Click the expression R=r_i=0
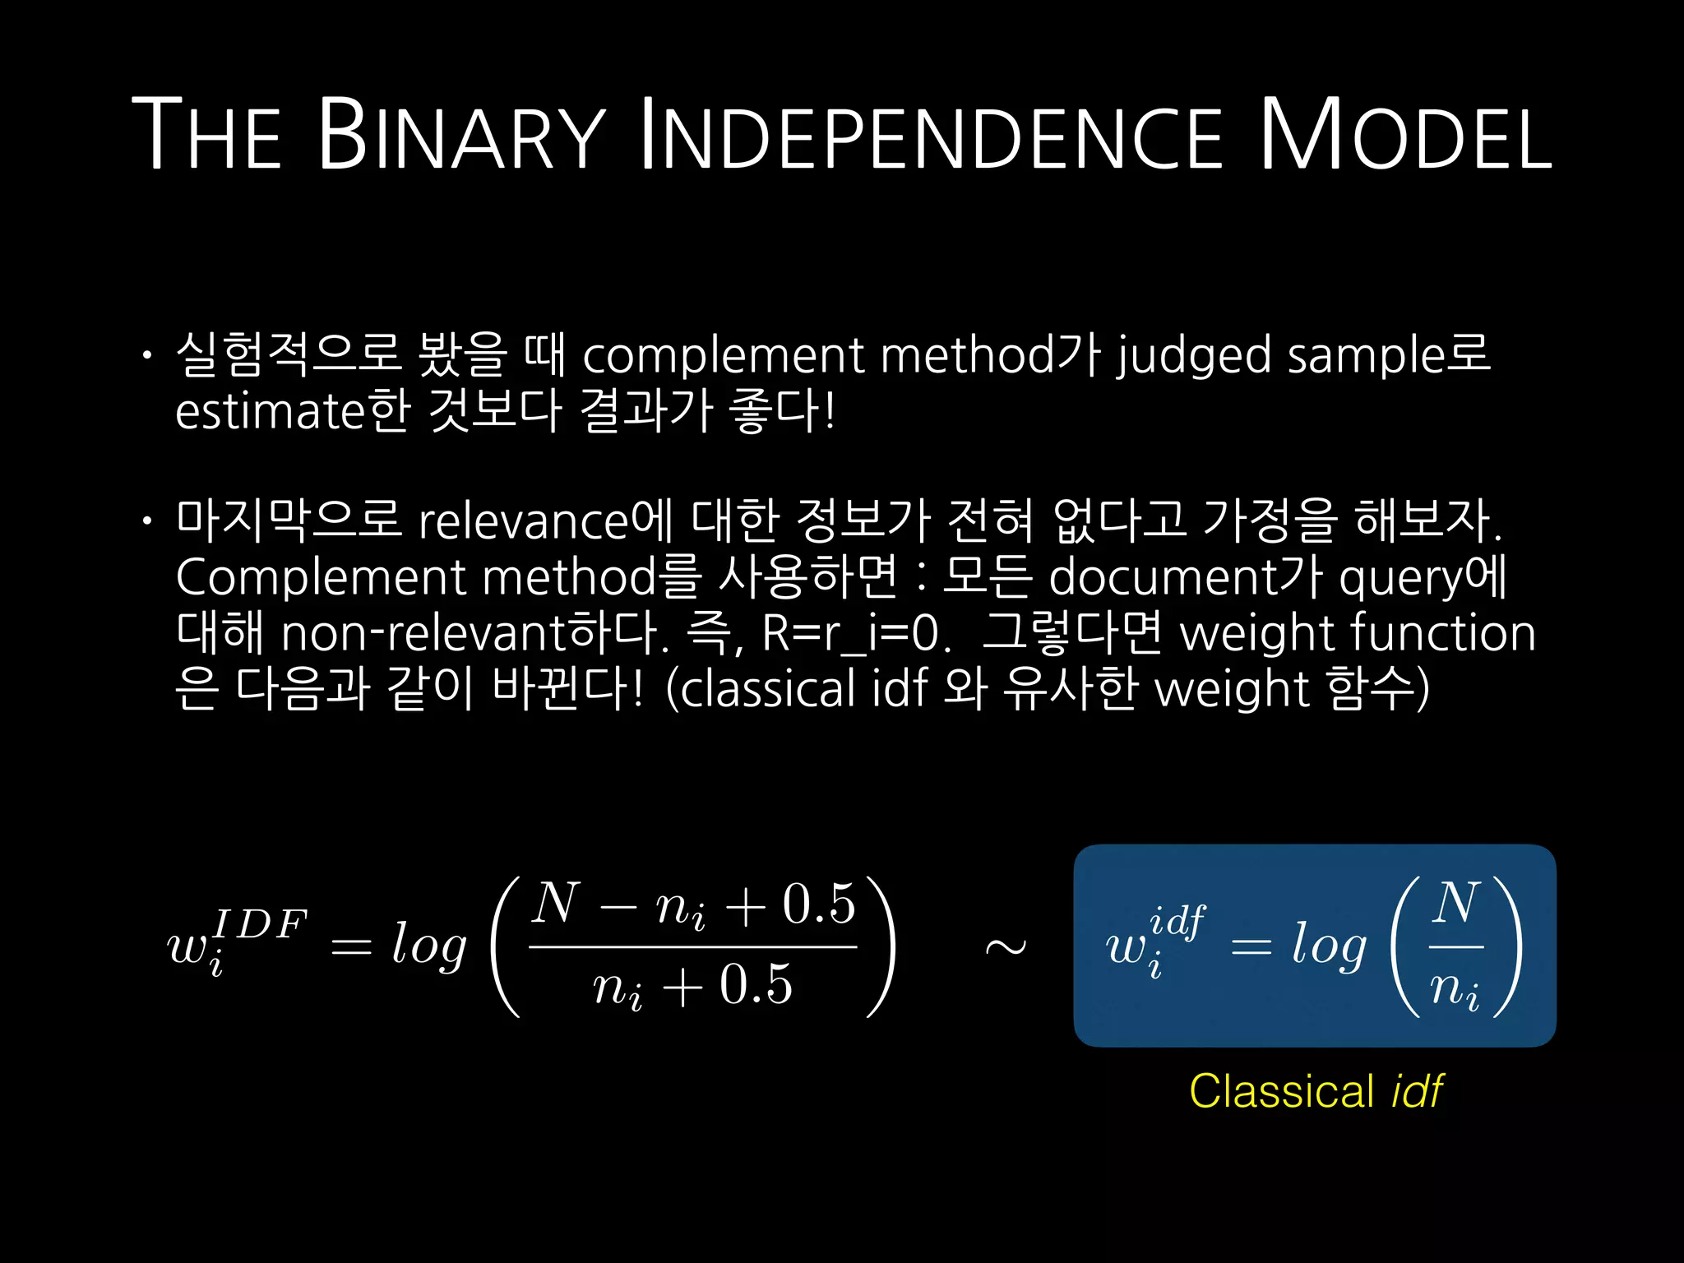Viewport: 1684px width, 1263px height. click(851, 633)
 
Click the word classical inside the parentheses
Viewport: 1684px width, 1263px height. click(769, 689)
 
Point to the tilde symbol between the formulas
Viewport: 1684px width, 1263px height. click(1005, 948)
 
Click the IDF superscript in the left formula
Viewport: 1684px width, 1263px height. click(260, 924)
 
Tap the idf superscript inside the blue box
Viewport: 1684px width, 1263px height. click(1177, 921)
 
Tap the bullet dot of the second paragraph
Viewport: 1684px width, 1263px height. click(147, 521)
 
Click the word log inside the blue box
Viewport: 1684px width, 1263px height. click(1329, 946)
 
